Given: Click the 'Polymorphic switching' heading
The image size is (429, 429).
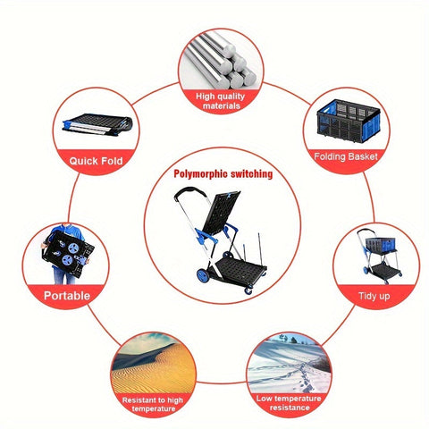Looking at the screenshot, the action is pyautogui.click(x=223, y=174).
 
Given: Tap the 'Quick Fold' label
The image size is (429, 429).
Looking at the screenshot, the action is pyautogui.click(x=96, y=161).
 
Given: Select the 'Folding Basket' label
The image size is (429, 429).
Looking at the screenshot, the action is pyautogui.click(x=346, y=156).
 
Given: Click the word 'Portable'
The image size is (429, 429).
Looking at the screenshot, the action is pyautogui.click(x=67, y=296).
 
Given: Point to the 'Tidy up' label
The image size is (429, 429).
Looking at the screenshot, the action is pyautogui.click(x=374, y=296).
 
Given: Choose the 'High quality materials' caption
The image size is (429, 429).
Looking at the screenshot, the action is pyautogui.click(x=221, y=101).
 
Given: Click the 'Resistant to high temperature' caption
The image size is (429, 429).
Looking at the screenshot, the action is pyautogui.click(x=153, y=404).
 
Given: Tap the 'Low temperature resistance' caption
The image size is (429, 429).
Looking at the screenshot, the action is pyautogui.click(x=289, y=403).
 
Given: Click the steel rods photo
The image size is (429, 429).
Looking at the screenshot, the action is pyautogui.click(x=221, y=60).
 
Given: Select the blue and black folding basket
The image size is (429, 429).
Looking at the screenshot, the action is pyautogui.click(x=349, y=121).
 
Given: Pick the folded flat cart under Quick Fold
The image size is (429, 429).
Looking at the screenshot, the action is pyautogui.click(x=97, y=124).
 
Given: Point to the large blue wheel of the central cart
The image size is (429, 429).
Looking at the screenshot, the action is pyautogui.click(x=203, y=274).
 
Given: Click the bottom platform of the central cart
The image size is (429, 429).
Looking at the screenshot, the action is pyautogui.click(x=239, y=270).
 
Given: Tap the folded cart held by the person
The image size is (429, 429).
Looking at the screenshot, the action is pyautogui.click(x=68, y=254).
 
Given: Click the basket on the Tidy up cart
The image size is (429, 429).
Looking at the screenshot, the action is pyautogui.click(x=379, y=245).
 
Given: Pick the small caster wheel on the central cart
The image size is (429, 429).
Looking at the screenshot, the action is pyautogui.click(x=248, y=290).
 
